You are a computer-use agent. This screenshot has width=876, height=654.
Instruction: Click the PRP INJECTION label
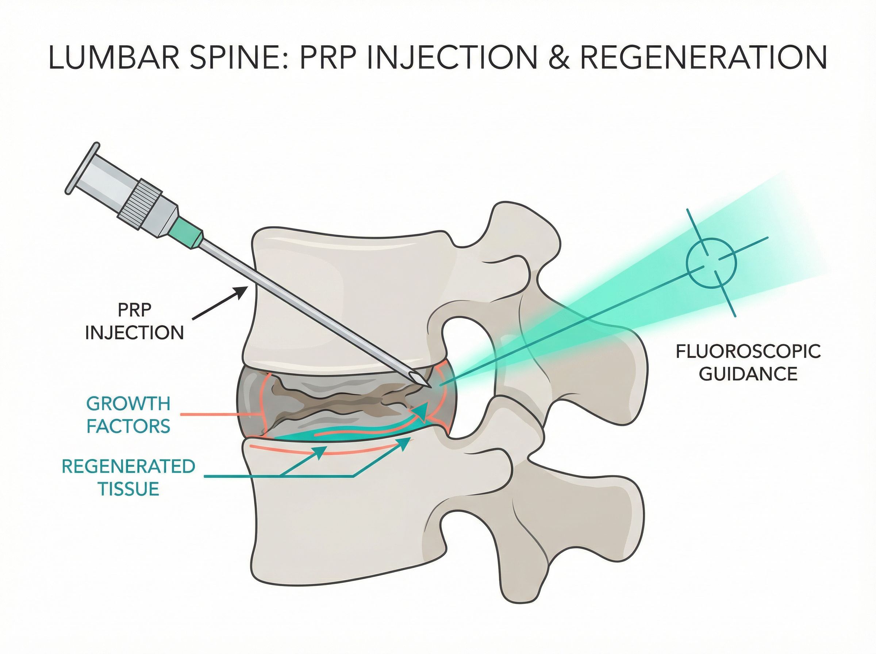point(135,321)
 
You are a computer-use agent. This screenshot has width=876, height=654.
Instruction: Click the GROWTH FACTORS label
point(128,415)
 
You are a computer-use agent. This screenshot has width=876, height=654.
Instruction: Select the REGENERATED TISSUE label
point(128,478)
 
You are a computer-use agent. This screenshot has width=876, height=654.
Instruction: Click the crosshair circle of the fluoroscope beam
point(711,263)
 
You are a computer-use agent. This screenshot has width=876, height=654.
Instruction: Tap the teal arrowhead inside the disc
point(422,412)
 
